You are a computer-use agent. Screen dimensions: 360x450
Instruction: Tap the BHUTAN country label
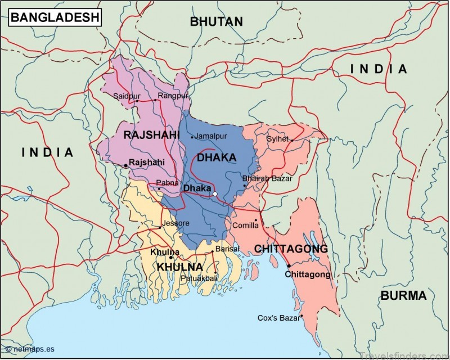coord(216,22)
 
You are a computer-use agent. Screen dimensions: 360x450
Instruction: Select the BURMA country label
coord(403,296)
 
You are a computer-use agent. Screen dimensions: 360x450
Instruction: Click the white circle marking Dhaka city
coord(215,194)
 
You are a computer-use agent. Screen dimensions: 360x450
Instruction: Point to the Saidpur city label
coord(126,96)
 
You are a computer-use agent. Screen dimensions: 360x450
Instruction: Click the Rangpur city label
coord(173,96)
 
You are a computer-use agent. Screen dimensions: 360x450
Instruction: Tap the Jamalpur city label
coord(211,136)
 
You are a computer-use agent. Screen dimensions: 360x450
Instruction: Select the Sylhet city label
coord(277,138)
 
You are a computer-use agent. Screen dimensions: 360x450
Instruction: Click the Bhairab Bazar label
coord(267,178)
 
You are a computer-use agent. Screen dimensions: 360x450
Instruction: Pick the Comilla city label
coord(246,226)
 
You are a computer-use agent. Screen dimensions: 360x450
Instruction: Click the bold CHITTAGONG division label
coord(290,249)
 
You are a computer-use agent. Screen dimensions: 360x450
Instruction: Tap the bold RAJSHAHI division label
coord(151,135)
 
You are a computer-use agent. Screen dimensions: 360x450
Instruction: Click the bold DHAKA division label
coord(216,158)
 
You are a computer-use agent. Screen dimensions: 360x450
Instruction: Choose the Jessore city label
coord(175,223)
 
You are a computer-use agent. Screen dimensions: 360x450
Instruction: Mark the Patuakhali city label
coord(199,278)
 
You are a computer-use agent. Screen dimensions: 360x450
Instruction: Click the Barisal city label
coord(227,249)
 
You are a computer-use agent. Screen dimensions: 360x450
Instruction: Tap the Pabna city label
coord(166,183)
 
